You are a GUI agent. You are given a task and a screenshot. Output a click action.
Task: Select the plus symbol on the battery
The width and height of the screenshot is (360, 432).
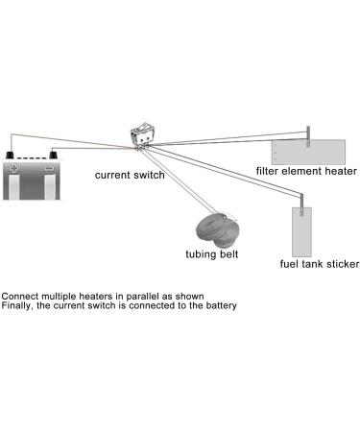coord(13,168)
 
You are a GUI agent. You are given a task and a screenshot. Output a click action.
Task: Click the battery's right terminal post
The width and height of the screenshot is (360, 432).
coord(54,154)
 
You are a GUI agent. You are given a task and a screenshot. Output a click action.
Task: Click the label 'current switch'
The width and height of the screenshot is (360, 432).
coord(129,176)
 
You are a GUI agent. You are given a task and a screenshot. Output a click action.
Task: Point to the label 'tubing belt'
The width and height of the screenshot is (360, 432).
coord(212,255)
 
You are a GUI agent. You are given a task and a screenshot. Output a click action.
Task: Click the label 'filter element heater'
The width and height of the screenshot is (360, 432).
coord(306,171)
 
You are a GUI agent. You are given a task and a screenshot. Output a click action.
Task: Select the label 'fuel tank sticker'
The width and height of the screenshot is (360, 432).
coord(320,264)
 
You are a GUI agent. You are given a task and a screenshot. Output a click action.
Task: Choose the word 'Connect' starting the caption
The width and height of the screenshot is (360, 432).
coord(19,296)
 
